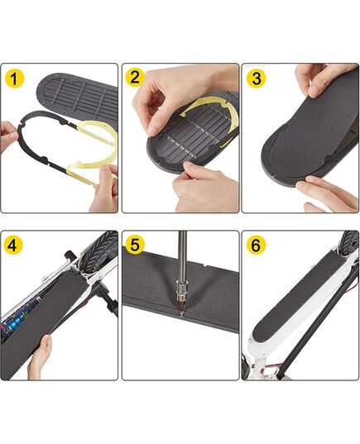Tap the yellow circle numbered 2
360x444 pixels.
pyautogui.click(x=135, y=77)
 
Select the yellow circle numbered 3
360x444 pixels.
pyautogui.click(x=257, y=79)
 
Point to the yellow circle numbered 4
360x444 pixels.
pyautogui.click(x=12, y=246)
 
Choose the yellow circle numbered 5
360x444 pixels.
pyautogui.click(x=135, y=245)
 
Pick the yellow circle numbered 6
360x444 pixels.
pyautogui.click(x=256, y=245)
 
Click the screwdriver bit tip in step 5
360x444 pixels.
pyautogui.click(x=181, y=313)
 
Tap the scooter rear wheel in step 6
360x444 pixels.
pyautogui.click(x=349, y=243)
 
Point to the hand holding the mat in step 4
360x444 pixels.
pyautogui.click(x=40, y=357)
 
